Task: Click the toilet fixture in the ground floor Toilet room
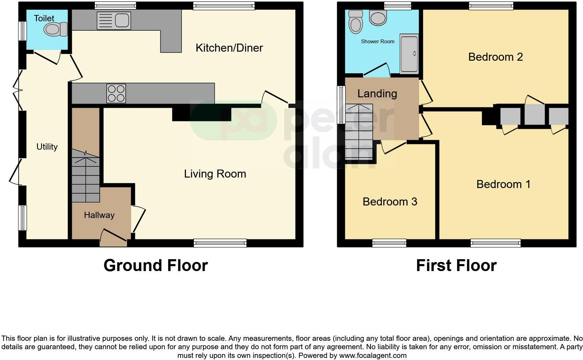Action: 56,29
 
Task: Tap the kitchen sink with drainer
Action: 114,21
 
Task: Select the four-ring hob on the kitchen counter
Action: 116,93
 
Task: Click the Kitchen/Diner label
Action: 229,48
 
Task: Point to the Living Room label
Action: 215,174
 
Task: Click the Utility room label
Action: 47,147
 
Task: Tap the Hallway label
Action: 99,215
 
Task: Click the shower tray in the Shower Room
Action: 409,53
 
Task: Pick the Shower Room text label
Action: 377,42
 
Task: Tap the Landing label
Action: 377,93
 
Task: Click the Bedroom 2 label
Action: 495,57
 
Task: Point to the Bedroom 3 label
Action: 389,202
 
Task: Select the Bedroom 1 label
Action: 503,184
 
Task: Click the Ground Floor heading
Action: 156,265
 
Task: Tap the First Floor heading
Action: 456,265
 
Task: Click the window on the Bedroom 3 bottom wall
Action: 389,243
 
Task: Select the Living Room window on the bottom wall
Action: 220,243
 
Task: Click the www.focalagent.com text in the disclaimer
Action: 373,356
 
